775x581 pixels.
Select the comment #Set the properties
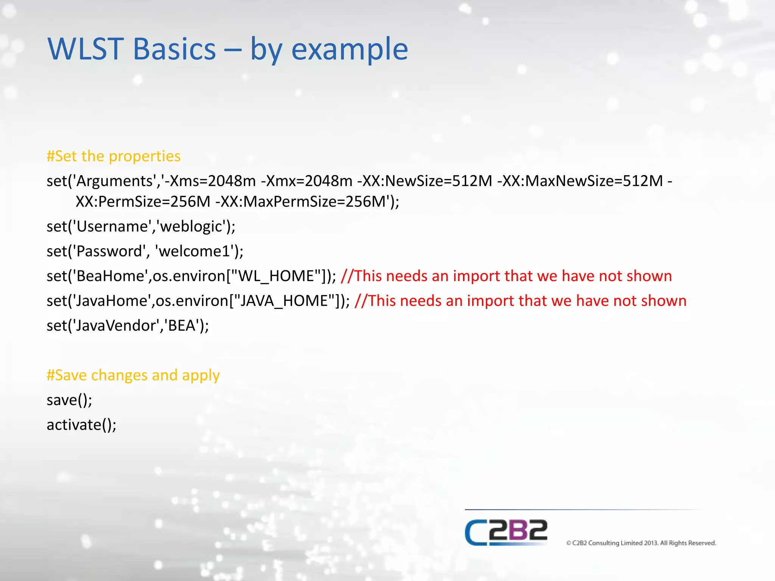point(114,156)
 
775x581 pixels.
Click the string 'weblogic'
point(191,227)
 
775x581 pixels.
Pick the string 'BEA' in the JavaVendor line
point(181,326)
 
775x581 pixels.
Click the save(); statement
point(69,400)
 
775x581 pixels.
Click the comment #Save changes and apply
point(133,375)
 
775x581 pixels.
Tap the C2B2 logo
point(506,532)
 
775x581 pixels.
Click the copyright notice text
point(641,543)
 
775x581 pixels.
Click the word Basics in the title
point(174,49)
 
